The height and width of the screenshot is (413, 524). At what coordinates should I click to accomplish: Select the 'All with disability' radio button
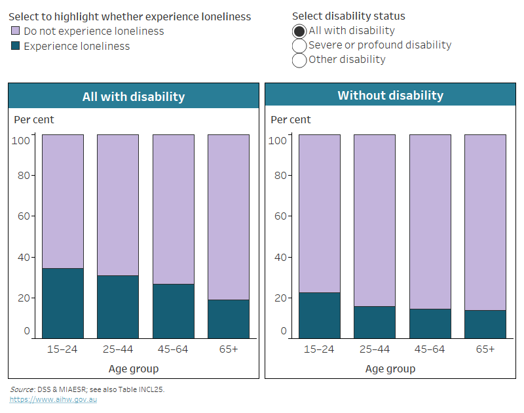[x=299, y=31]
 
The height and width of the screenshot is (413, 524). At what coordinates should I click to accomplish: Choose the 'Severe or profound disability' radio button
[x=299, y=45]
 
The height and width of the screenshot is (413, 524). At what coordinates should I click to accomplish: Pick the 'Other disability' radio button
[x=299, y=60]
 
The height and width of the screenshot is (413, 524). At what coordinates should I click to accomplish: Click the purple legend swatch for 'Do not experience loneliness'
[x=16, y=31]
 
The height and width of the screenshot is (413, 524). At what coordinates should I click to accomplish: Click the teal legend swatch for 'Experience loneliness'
[x=16, y=47]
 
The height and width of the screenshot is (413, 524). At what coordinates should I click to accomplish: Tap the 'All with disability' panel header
[x=134, y=96]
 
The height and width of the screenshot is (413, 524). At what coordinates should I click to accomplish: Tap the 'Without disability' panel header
[x=390, y=96]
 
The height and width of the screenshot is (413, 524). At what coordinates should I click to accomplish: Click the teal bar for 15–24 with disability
[x=63, y=303]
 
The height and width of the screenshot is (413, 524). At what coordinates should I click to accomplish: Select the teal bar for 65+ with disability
[x=229, y=319]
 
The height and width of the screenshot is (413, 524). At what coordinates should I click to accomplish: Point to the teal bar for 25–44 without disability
[x=375, y=322]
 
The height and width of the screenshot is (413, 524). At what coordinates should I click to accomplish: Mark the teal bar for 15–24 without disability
[x=320, y=315]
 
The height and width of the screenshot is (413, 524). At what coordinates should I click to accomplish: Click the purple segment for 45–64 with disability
[x=174, y=209]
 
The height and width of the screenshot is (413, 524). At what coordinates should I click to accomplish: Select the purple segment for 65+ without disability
[x=485, y=222]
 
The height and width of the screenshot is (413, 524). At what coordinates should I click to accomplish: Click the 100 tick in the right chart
[x=278, y=140]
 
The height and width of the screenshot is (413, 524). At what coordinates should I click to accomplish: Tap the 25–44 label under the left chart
[x=118, y=349]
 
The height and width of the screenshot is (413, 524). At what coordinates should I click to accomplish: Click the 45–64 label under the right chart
[x=430, y=349]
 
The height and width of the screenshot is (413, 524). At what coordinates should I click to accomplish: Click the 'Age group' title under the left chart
[x=134, y=368]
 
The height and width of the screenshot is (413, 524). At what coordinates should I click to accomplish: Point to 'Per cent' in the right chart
[x=291, y=120]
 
